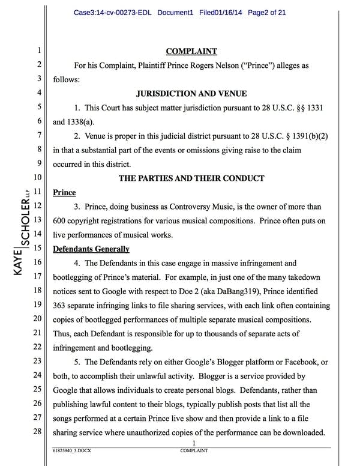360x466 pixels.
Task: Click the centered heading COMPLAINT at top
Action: [x=191, y=51]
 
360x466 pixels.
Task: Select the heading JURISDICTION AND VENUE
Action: [x=191, y=93]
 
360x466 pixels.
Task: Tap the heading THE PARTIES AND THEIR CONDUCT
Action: [x=191, y=178]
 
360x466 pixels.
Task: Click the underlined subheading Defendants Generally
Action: [x=91, y=249]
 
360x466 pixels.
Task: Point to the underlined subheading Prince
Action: [x=64, y=192]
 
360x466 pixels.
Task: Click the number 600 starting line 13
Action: [x=61, y=220]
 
